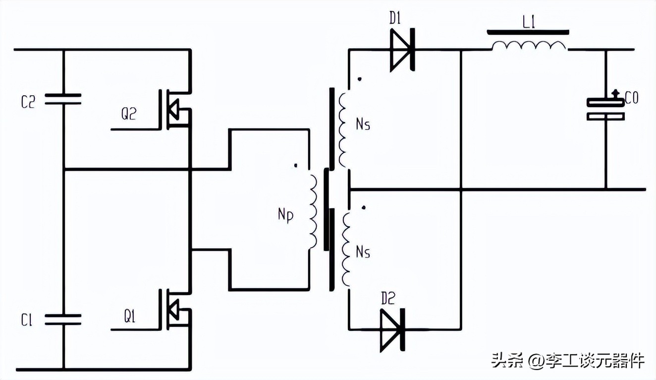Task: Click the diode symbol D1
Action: [x=402, y=50]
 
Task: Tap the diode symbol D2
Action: [x=392, y=329]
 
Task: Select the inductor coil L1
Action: [x=528, y=46]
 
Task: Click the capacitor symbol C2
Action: [x=63, y=99]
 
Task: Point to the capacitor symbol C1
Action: [x=63, y=319]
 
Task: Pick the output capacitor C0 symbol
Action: [x=605, y=109]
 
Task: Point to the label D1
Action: [x=395, y=19]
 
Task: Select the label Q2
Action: [x=128, y=115]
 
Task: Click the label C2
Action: [x=28, y=102]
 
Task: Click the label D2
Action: [x=388, y=298]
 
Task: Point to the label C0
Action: [x=631, y=99]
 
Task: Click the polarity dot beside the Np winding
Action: [x=296, y=166]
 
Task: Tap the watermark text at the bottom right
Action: [x=568, y=360]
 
